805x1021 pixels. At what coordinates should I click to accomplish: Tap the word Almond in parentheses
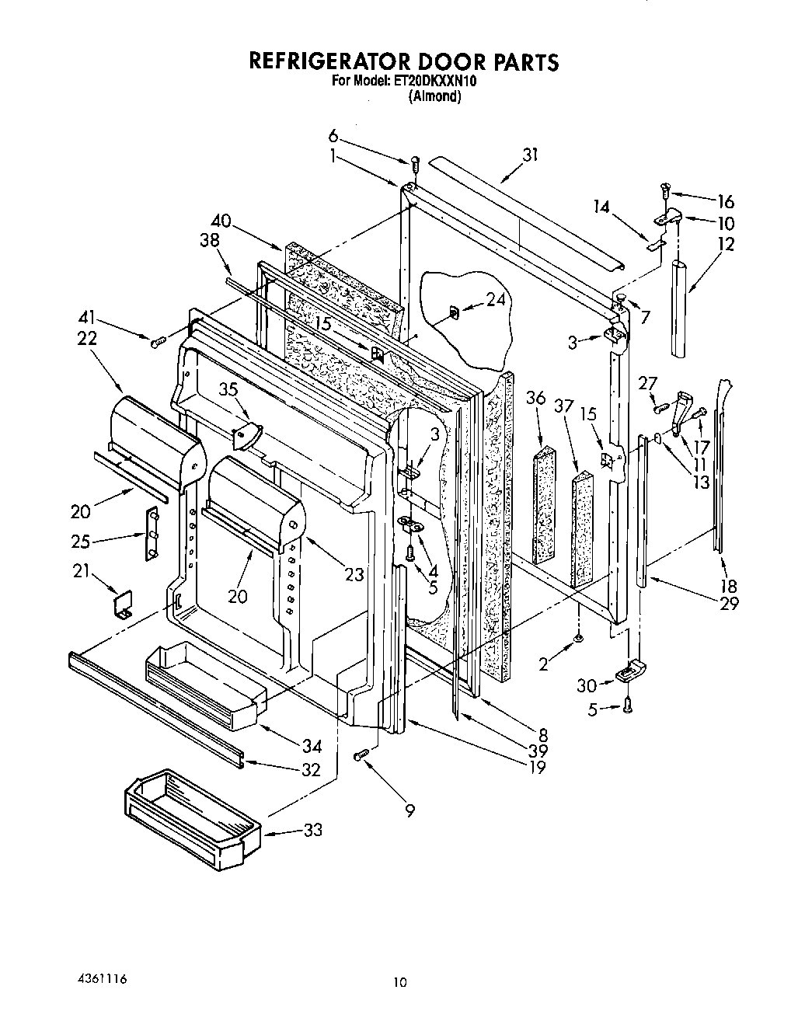click(x=435, y=97)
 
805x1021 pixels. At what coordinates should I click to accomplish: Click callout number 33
click(x=312, y=831)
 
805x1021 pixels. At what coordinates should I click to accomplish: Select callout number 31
click(x=530, y=155)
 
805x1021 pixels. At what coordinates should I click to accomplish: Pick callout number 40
click(x=221, y=220)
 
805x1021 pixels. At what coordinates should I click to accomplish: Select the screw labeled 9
click(x=361, y=754)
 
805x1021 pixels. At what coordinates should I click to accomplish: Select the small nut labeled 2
click(x=579, y=639)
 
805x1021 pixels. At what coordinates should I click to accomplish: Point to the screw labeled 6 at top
click(x=415, y=164)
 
